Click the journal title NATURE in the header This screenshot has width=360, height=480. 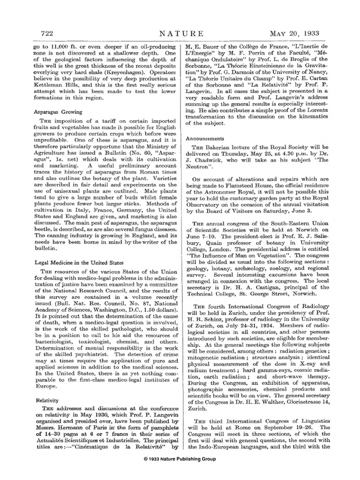coord(181,33)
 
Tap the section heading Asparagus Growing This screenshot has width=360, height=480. coord(58,112)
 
